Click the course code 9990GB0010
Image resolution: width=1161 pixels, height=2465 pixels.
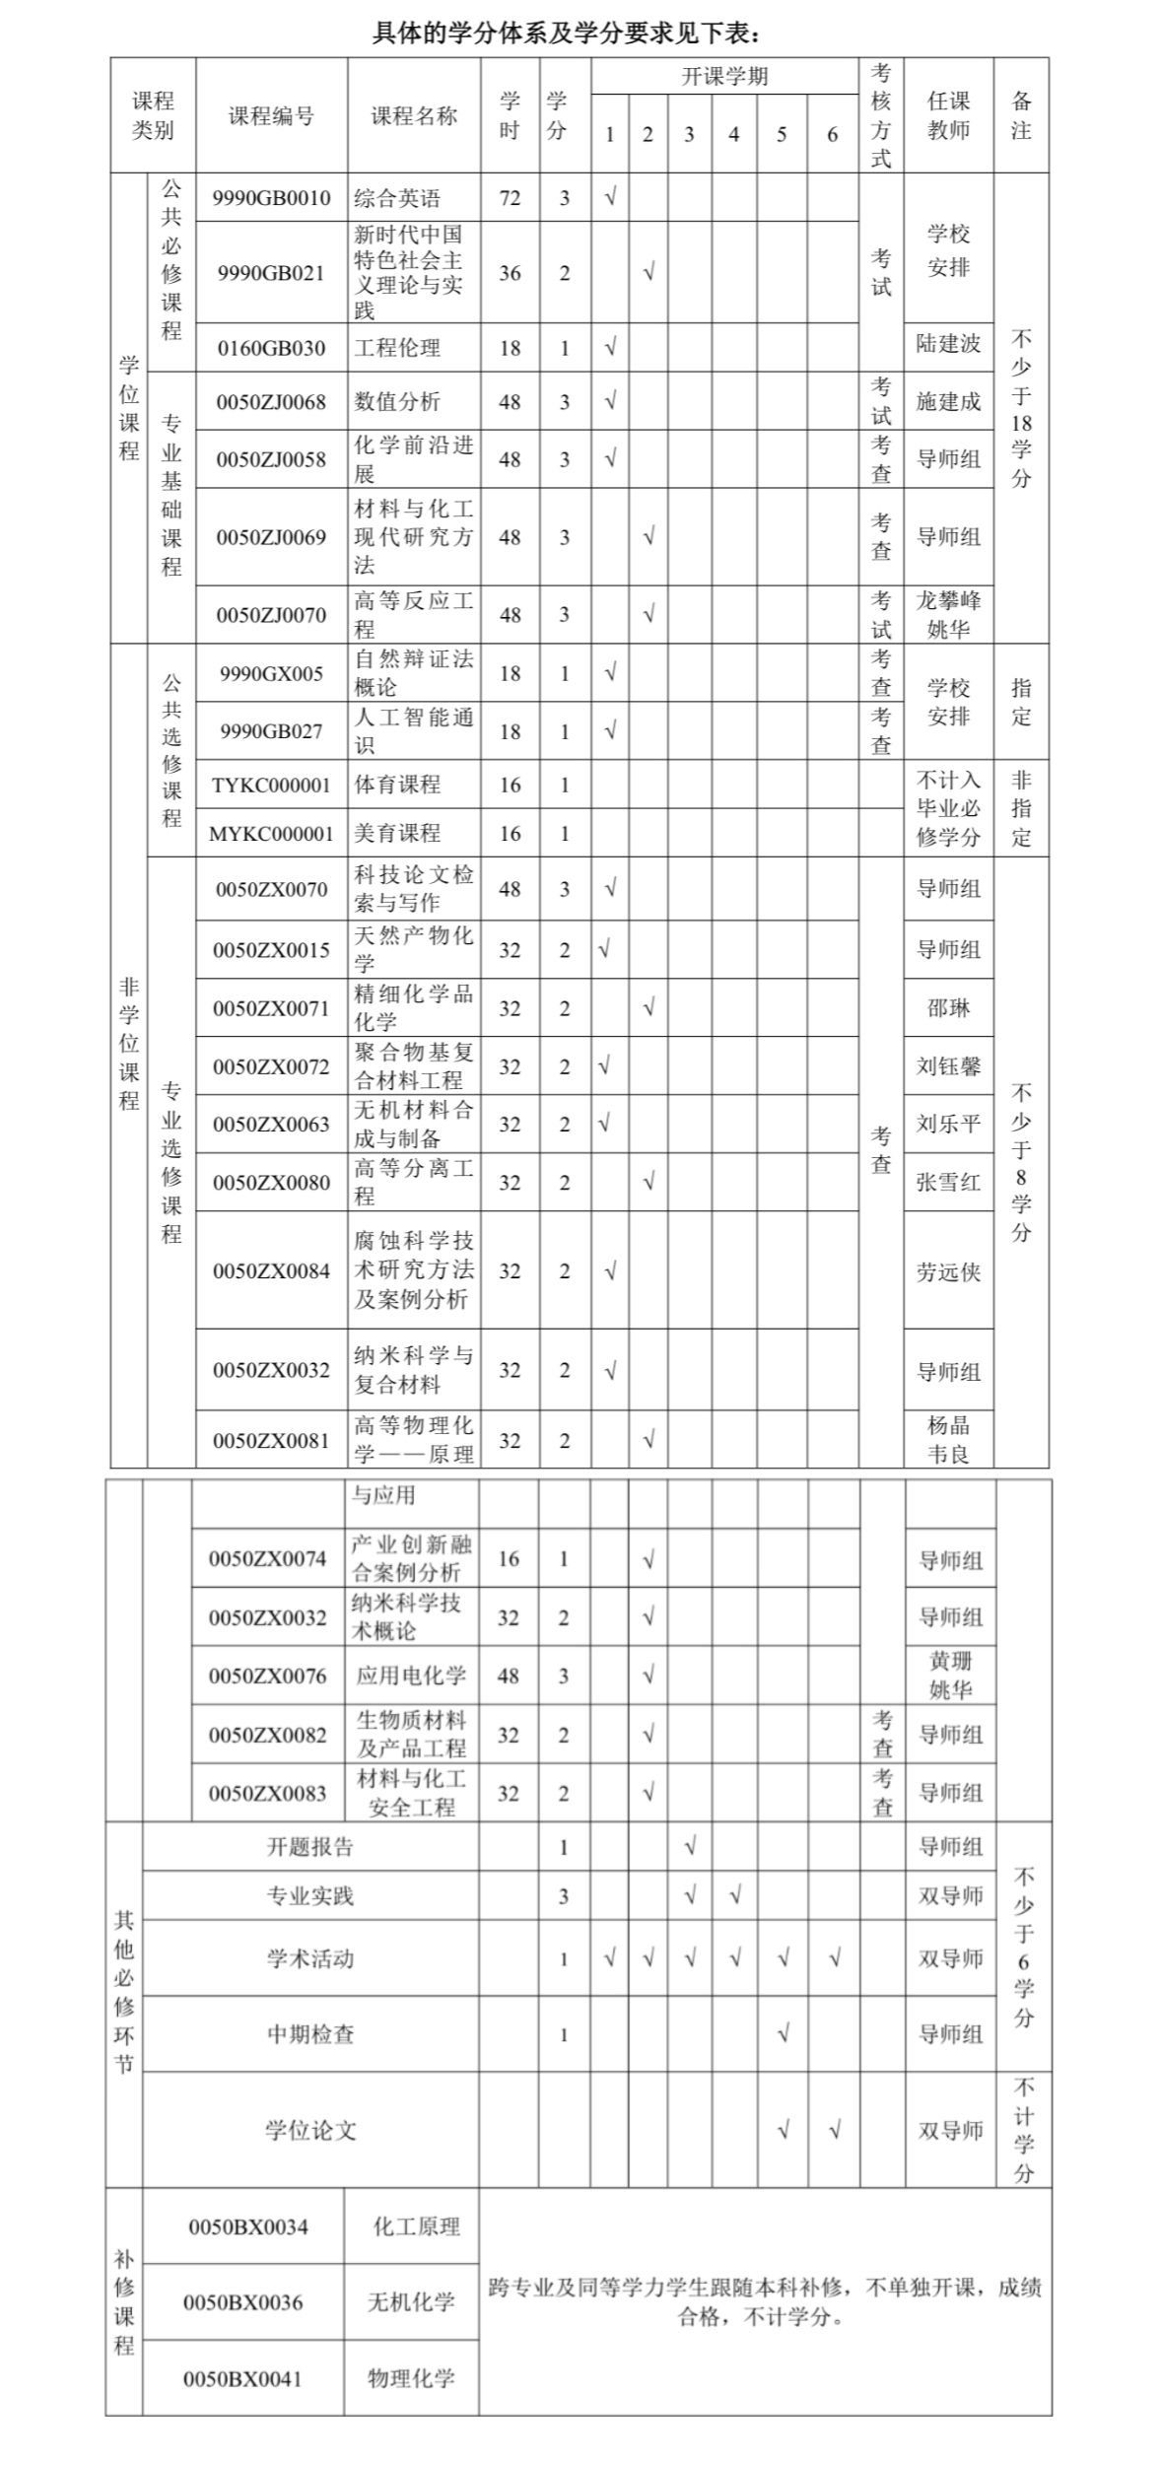pos(271,198)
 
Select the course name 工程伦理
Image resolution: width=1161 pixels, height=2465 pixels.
pos(397,348)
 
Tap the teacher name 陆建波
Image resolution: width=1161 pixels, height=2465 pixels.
pos(948,343)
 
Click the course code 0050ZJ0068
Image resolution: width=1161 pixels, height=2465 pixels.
pos(271,402)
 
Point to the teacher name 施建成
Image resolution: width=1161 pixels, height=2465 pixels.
pos(948,401)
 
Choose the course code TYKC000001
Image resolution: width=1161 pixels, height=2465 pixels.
pos(271,786)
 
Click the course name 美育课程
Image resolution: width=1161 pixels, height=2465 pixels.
pos(397,834)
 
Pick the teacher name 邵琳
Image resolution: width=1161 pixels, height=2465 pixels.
pos(948,1008)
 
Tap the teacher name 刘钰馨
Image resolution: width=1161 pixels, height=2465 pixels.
pos(948,1066)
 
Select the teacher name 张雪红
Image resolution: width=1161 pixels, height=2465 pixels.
pos(948,1183)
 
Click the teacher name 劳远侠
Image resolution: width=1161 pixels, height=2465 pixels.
pos(948,1272)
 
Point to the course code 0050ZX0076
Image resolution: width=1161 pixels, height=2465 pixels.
pos(267,1677)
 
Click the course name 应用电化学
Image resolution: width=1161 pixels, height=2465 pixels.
pos(411,1677)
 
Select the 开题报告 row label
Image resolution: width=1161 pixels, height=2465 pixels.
pos(309,1847)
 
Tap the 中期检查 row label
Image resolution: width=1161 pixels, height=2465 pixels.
pos(309,2033)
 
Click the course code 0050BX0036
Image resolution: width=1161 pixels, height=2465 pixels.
pos(243,2303)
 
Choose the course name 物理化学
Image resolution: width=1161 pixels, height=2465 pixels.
pos(411,2378)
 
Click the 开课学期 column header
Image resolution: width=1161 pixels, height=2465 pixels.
pos(724,77)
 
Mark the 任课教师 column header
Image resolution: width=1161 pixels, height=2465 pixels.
pos(948,115)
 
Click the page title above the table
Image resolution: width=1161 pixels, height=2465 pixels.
pos(566,34)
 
